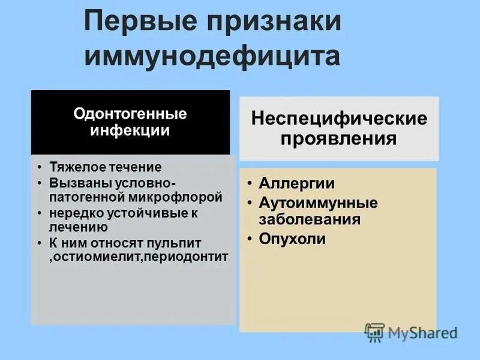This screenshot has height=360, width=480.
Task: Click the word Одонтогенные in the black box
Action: tap(130, 114)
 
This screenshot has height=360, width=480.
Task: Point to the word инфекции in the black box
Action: tap(130, 130)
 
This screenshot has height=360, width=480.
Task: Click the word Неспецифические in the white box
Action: tap(339, 118)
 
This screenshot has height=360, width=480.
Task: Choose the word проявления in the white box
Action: tap(339, 139)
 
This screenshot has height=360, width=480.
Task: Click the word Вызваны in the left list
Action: tap(76, 182)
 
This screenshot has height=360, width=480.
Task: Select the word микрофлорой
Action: tap(182, 196)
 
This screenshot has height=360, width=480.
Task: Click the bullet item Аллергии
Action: tap(296, 183)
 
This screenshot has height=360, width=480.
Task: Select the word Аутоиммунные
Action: tap(318, 203)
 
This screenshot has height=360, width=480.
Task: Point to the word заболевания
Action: tap(310, 219)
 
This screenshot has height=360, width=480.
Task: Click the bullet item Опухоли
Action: tap(292, 239)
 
